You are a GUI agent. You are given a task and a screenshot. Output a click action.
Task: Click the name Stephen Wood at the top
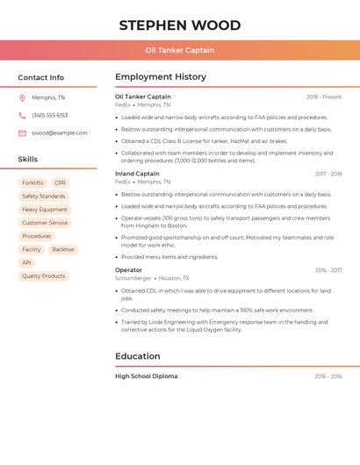[179, 25]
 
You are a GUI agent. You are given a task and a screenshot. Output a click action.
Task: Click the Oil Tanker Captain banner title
[179, 50]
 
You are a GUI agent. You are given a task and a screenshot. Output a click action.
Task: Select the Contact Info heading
[41, 77]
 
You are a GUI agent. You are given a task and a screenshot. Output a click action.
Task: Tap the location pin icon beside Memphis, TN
[22, 98]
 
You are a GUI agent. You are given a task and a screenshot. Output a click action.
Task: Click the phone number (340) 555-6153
[49, 115]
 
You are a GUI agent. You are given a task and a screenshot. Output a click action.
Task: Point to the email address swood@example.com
[59, 133]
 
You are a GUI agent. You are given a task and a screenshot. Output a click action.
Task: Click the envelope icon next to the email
[22, 133]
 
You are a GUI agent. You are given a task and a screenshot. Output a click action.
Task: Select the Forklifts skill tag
[32, 183]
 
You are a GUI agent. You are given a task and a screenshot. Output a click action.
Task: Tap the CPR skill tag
[60, 183]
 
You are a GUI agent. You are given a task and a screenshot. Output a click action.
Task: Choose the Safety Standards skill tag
[44, 197]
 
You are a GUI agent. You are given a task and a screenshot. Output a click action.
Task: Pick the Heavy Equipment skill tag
[45, 210]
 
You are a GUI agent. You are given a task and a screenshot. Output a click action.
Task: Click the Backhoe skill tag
[63, 249]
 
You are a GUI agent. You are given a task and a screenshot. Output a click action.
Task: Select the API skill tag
[26, 262]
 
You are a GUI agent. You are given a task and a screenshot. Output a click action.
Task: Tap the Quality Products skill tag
[44, 275]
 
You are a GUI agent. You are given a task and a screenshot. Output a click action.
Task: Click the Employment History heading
[161, 77]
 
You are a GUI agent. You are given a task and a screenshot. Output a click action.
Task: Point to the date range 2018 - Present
[324, 97]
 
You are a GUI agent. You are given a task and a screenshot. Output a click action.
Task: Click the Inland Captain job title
[137, 174]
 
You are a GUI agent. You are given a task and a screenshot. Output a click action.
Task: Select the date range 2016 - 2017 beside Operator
[328, 270]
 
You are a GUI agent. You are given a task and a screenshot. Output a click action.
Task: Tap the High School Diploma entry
[146, 376]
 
